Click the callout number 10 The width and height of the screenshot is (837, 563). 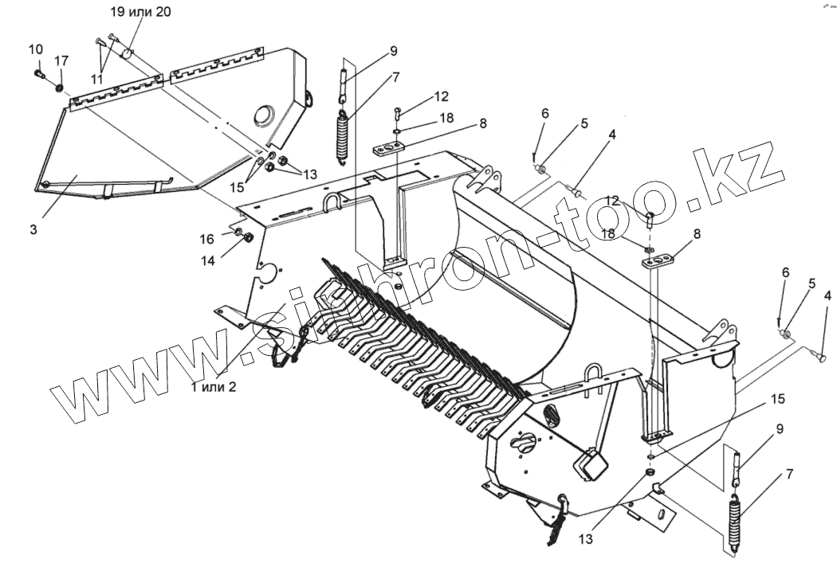point(36,49)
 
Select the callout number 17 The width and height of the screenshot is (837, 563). point(61,61)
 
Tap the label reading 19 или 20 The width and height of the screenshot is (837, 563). point(140,12)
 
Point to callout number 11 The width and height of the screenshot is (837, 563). point(96,79)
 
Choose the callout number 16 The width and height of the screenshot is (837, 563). point(206,239)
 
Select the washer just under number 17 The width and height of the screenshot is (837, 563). point(61,85)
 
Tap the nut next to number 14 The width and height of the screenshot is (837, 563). point(247,237)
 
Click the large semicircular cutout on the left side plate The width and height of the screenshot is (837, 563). point(268,272)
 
